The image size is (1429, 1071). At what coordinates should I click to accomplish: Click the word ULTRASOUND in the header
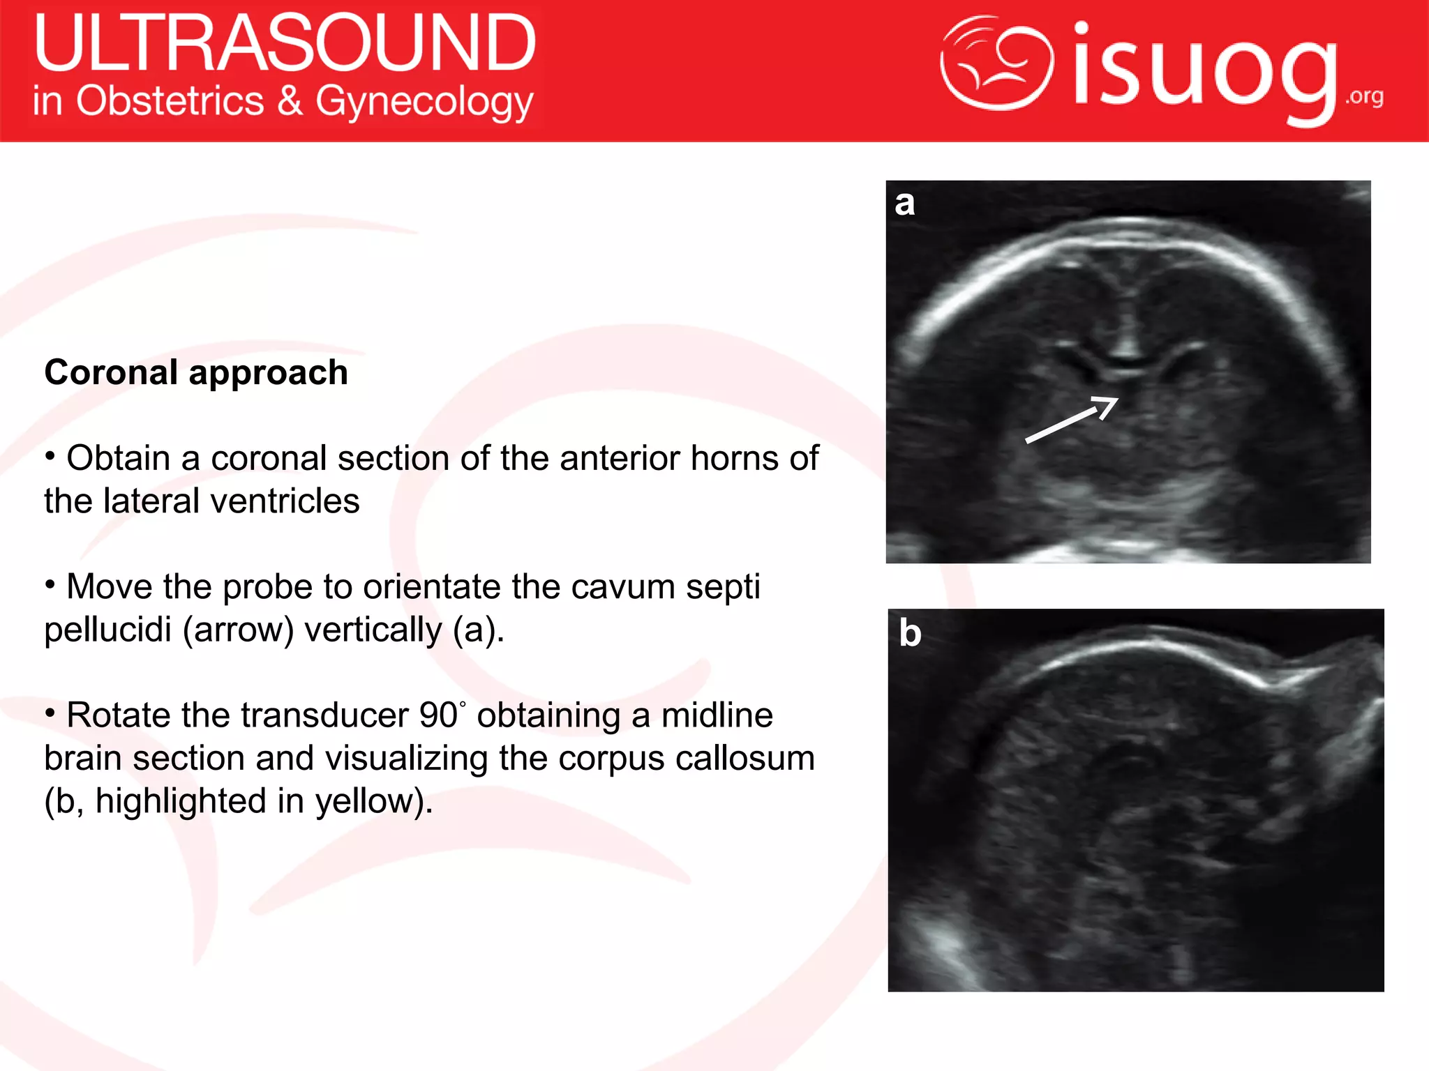[285, 43]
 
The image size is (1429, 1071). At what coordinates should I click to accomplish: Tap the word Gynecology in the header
[424, 102]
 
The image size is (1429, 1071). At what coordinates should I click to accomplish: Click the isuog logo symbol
[996, 64]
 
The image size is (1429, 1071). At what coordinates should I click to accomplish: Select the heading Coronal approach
[196, 372]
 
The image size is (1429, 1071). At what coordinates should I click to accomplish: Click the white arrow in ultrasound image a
[1071, 419]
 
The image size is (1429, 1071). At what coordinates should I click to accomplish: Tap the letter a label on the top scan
[905, 203]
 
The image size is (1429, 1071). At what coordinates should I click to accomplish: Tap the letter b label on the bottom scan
[910, 632]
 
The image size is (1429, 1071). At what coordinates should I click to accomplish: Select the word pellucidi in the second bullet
[107, 630]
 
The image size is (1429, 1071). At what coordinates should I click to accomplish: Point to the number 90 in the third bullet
[437, 715]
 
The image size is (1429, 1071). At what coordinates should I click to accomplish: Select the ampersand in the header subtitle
[290, 102]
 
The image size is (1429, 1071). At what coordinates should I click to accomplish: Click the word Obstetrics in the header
[170, 102]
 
